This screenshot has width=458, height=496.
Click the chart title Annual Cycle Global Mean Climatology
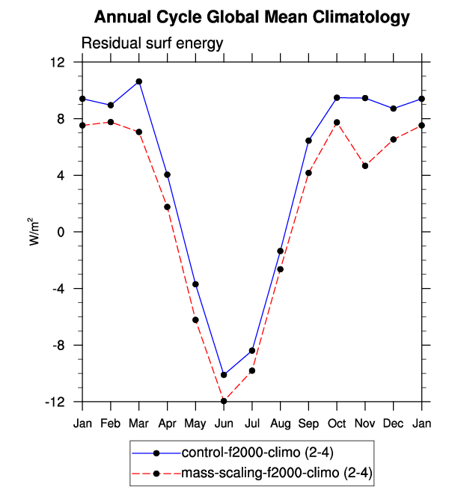point(253,16)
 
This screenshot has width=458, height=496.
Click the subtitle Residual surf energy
point(152,43)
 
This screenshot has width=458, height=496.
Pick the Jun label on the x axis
point(224,424)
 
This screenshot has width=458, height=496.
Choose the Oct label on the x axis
point(337,424)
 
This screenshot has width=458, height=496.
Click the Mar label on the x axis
point(139,424)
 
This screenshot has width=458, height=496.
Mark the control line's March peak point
point(139,82)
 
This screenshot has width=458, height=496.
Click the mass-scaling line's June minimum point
point(224,401)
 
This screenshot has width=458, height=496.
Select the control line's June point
point(224,375)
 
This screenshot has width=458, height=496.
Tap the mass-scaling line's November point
point(365,165)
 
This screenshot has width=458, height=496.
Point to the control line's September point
point(308,141)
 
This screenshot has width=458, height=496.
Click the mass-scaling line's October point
point(337,123)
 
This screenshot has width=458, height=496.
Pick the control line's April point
point(167,175)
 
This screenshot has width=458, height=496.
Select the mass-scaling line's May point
point(195,320)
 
